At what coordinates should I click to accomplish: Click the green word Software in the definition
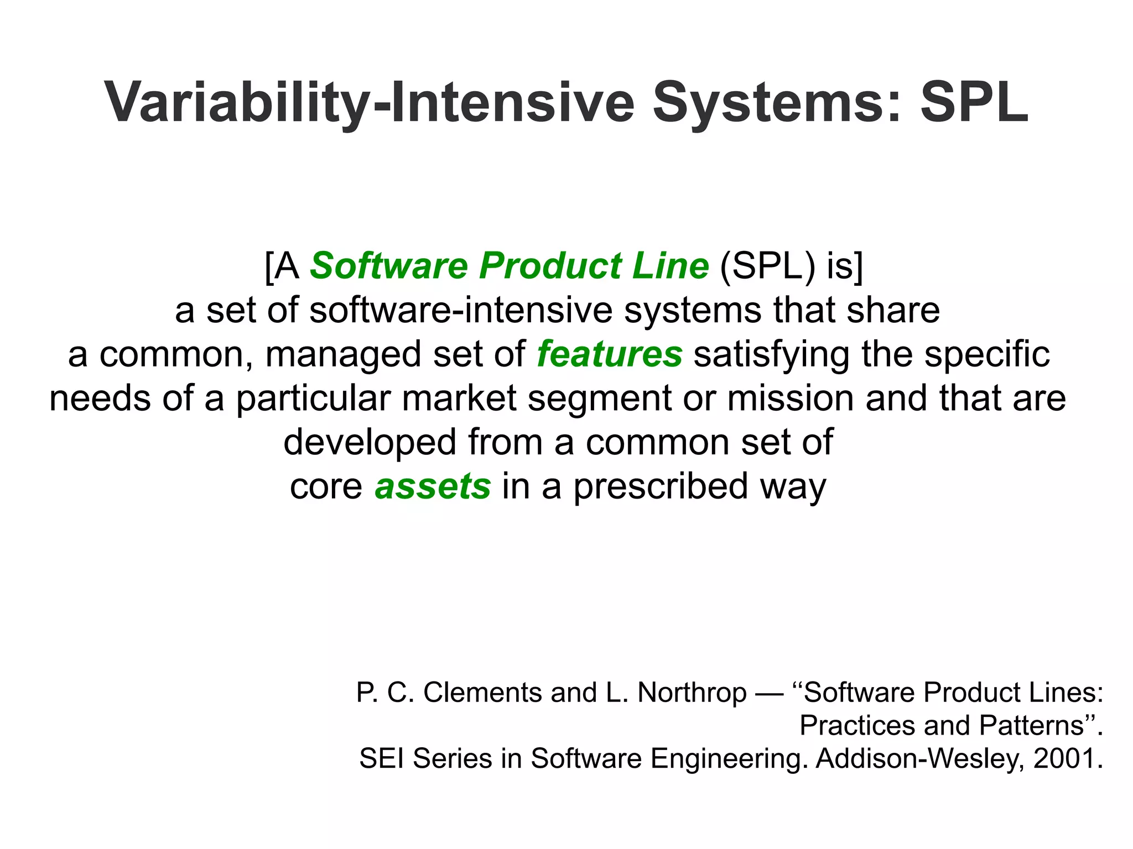pos(388,266)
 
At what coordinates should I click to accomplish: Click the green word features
pos(610,354)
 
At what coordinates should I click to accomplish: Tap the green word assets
pos(433,486)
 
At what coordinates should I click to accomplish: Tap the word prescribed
pos(661,486)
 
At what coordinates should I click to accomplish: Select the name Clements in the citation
pos(482,693)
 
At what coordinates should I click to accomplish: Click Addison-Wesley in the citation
pos(917,758)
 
